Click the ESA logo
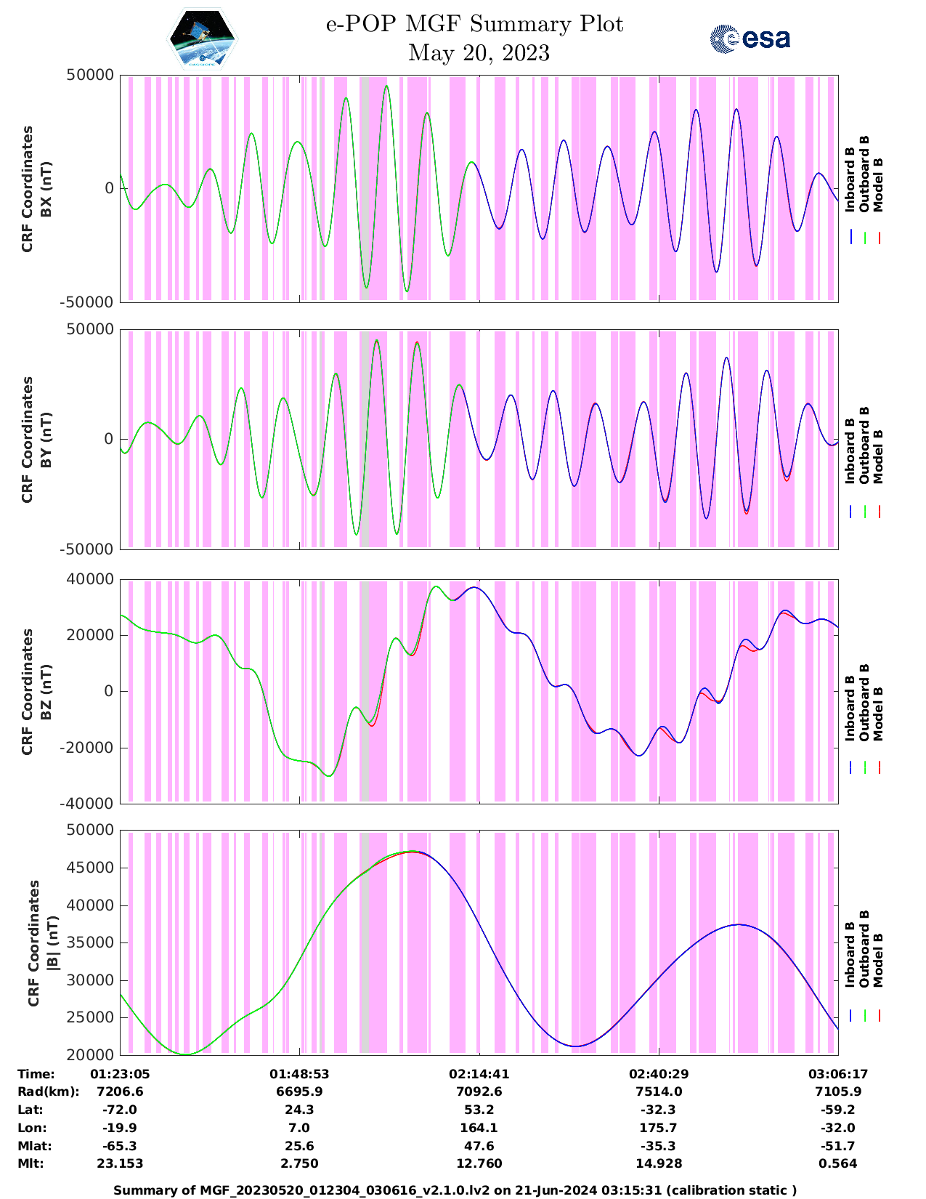point(750,39)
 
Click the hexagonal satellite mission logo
point(202,38)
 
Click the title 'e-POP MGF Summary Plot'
point(474,24)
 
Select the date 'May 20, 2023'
point(479,53)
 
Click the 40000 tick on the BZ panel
point(90,579)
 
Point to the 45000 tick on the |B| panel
point(90,868)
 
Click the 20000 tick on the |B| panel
point(90,1054)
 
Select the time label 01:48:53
point(299,1073)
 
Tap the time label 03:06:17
point(838,1073)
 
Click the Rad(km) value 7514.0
point(659,1091)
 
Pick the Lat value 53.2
point(479,1110)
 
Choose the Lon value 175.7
point(659,1128)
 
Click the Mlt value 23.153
point(120,1163)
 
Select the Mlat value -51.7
point(838,1146)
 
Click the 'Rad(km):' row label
point(48,1091)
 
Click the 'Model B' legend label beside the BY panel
point(878,456)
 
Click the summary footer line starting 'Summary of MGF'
point(455,1190)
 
